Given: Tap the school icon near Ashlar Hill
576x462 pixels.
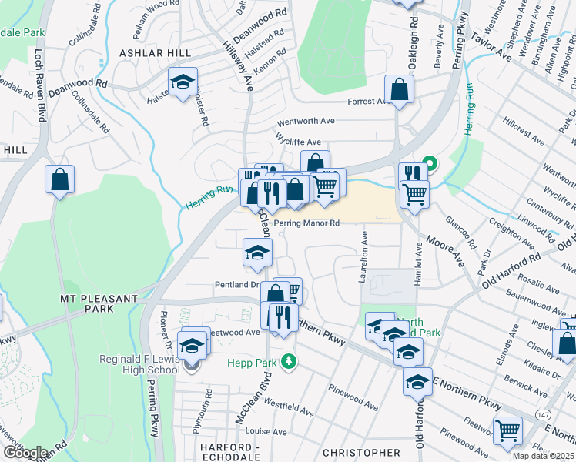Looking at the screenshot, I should coord(183,82).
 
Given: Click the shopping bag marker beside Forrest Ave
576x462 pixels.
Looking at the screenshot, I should coord(400,90).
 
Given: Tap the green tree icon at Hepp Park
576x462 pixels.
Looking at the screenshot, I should coord(289,360).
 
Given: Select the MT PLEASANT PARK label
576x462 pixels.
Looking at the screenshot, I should coord(99,303).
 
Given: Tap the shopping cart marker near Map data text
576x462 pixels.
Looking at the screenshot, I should coord(507,432).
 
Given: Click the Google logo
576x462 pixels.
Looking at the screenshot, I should coord(25,453).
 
